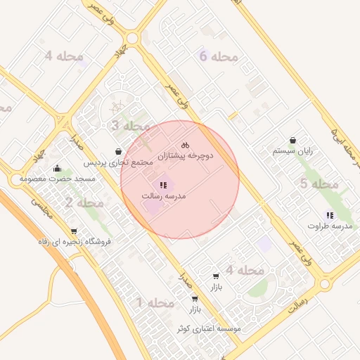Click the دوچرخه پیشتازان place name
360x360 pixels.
coord(185,155)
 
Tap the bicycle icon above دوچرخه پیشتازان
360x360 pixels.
coord(185,144)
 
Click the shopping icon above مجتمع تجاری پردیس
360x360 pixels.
coord(117,151)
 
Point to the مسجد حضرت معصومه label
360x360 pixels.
coord(58,179)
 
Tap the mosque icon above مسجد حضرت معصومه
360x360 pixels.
coord(57,168)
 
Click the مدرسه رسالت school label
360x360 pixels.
coord(163,196)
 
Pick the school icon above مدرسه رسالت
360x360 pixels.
coord(163,185)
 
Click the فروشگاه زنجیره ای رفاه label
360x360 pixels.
coord(75,242)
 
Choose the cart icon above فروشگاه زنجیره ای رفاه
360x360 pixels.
coord(74,231)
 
